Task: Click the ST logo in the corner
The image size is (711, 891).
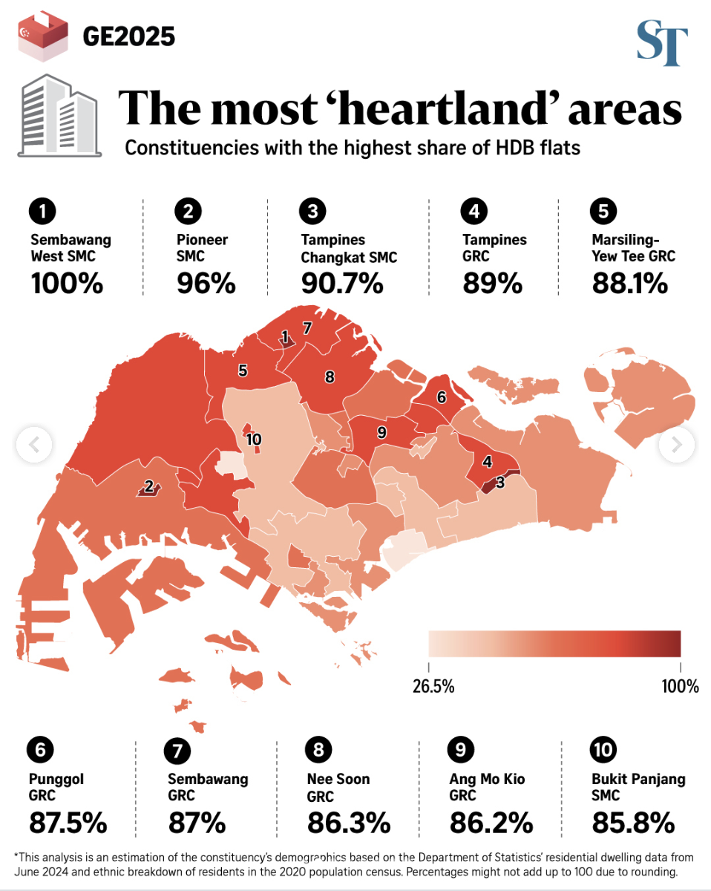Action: [662, 44]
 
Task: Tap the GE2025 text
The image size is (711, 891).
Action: [128, 36]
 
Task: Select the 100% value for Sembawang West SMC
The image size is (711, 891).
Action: [67, 283]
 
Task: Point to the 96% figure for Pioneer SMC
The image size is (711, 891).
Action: [206, 283]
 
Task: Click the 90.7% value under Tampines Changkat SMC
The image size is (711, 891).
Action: [342, 283]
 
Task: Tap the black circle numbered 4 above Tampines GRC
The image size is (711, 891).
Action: [474, 212]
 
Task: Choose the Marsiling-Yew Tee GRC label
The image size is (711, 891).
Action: [633, 248]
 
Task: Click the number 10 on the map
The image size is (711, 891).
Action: [254, 440]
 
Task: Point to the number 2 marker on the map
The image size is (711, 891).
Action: [148, 486]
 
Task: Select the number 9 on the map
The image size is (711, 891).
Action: [381, 431]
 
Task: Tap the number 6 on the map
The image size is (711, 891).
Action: [442, 397]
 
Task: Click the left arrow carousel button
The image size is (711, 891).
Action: [34, 445]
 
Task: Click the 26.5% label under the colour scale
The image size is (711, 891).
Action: [433, 686]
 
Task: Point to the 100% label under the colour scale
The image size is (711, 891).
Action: [680, 686]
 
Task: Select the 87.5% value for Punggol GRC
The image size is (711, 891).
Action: [68, 823]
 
